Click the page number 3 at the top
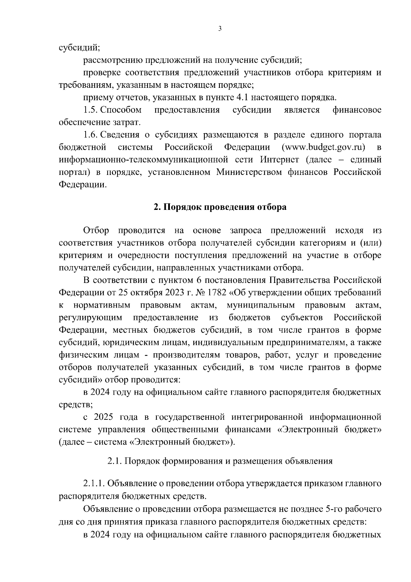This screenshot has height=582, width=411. click(x=220, y=29)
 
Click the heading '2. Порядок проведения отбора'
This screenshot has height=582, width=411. click(x=220, y=207)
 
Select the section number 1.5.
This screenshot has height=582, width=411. click(x=90, y=110)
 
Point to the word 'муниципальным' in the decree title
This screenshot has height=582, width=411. click(x=261, y=305)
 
